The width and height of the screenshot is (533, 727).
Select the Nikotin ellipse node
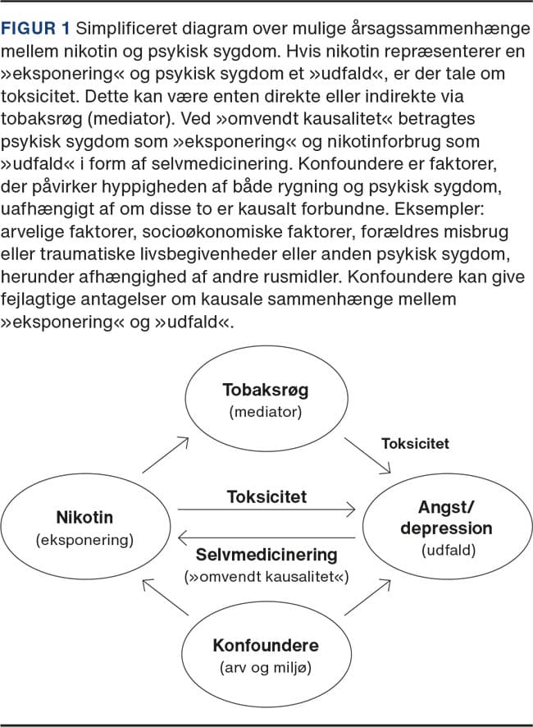point(85,527)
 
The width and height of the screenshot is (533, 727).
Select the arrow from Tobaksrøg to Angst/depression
point(367,455)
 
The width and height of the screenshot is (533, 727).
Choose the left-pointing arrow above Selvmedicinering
point(266,538)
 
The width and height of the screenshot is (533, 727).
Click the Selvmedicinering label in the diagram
point(266,556)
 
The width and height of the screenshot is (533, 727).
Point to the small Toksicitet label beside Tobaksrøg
point(415,444)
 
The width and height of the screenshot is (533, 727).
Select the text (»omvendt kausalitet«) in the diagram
point(266,577)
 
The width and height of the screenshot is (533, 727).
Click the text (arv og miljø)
point(266,666)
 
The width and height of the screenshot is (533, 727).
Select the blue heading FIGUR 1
point(38,29)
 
